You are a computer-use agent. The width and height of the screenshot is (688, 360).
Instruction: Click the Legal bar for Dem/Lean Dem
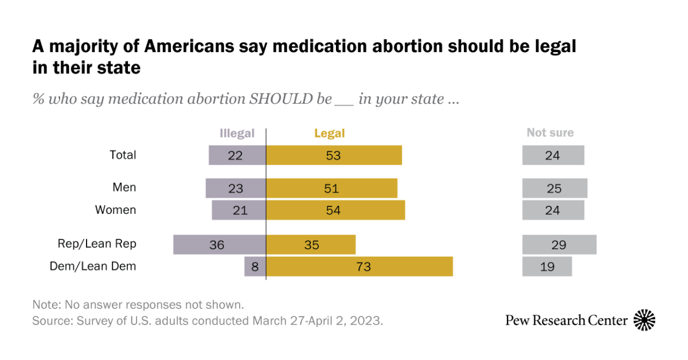click(359, 267)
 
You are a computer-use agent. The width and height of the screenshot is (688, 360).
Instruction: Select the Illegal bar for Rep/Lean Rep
click(220, 245)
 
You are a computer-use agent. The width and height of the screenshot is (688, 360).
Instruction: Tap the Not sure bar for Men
click(554, 189)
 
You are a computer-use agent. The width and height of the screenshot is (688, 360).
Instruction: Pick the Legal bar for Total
click(334, 155)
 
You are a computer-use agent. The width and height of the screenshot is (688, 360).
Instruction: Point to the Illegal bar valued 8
click(255, 267)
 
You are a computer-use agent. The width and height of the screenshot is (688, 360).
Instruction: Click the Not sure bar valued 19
click(547, 267)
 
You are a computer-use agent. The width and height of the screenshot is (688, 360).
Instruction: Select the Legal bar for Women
click(335, 210)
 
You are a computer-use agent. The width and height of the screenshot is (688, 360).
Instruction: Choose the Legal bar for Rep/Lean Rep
click(311, 245)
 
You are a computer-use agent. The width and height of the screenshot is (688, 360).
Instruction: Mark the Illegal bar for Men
click(236, 189)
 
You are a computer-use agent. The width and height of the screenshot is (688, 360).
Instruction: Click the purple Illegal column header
click(237, 134)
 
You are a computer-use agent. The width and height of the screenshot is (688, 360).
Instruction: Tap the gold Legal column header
click(329, 134)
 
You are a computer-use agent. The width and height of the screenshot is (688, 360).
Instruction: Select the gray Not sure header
click(550, 133)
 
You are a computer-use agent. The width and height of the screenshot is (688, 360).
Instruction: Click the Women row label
click(116, 210)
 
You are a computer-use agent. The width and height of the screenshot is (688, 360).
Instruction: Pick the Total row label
click(123, 155)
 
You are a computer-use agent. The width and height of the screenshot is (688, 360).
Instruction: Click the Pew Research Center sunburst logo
click(644, 320)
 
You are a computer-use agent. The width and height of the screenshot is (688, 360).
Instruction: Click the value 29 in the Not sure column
click(559, 245)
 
